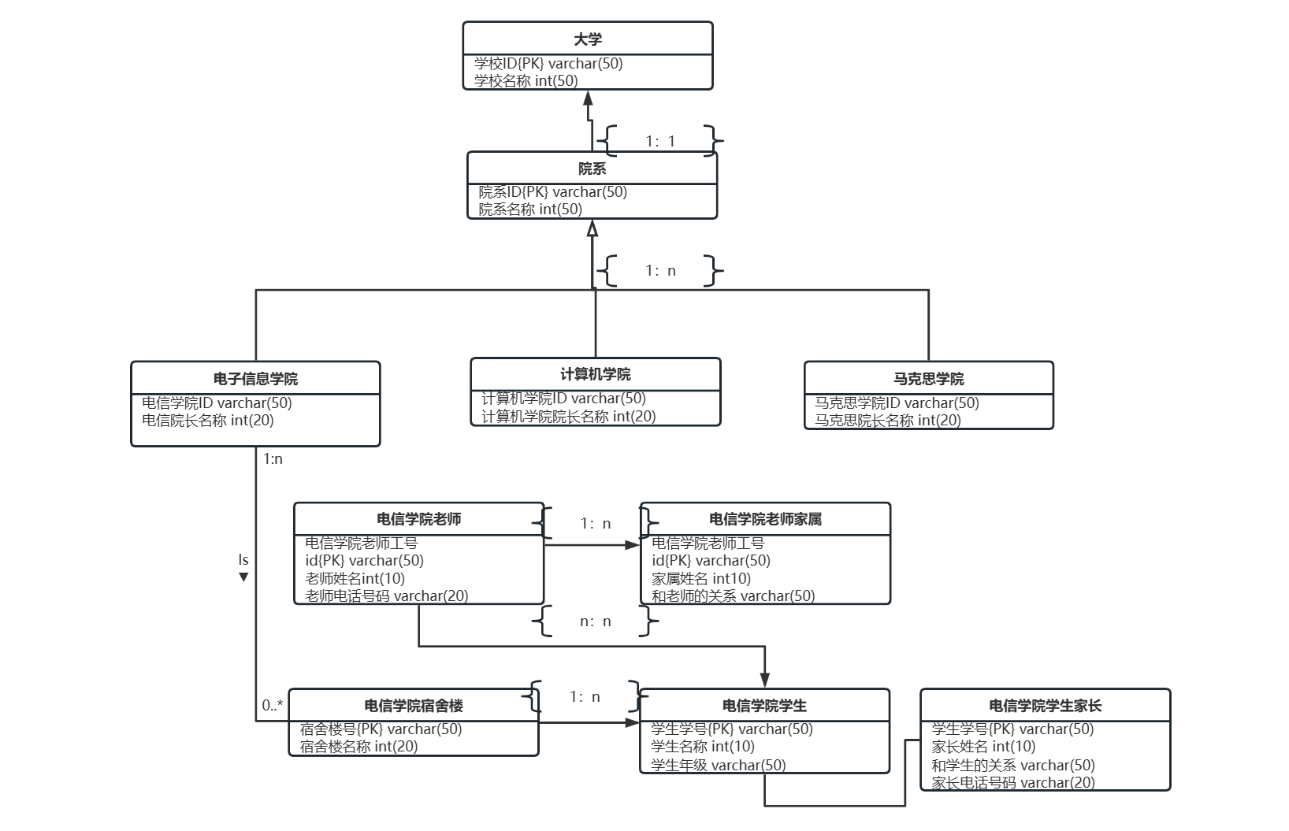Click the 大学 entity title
tap(588, 39)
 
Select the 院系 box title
tap(592, 169)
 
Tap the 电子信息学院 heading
tap(255, 379)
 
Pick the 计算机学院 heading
tap(596, 374)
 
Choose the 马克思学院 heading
tap(929, 379)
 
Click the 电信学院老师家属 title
tap(765, 519)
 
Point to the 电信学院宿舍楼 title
tap(414, 706)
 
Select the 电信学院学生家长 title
tap(1045, 706)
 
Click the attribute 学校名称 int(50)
tap(526, 80)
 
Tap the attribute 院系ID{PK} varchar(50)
tap(553, 191)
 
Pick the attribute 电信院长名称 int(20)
tap(208, 420)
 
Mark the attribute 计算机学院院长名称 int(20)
tap(569, 416)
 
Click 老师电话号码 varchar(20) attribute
tap(387, 595)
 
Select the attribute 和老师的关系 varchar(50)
tap(733, 595)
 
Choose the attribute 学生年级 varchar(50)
tap(719, 764)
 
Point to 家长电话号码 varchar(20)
tap(1013, 782)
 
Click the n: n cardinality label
tap(596, 621)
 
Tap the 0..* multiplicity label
tap(273, 705)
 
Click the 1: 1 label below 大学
tap(660, 141)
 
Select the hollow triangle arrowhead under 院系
tap(592, 228)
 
